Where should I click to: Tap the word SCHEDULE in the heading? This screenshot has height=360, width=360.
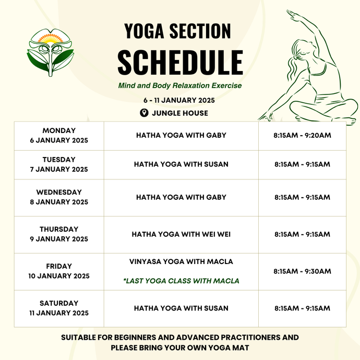(x=180, y=62)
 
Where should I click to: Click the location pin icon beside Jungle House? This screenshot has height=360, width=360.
(x=143, y=113)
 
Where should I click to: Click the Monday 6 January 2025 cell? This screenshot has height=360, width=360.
(x=59, y=136)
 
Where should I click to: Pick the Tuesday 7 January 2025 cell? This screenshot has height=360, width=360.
(x=59, y=164)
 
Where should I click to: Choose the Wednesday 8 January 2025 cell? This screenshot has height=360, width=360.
(x=59, y=197)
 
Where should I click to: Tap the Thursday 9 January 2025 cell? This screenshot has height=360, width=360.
(x=59, y=234)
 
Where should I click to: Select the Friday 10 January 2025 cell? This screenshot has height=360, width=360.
(x=59, y=271)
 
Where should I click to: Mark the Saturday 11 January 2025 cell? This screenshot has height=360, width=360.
(x=59, y=308)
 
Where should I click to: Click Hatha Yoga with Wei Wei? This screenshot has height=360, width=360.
(x=181, y=234)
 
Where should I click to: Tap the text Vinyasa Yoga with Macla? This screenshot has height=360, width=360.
(x=181, y=261)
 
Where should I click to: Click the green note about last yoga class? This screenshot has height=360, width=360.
(x=181, y=281)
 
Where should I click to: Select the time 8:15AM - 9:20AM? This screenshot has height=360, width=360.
(x=302, y=136)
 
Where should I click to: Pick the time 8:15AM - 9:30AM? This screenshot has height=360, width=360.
(x=302, y=271)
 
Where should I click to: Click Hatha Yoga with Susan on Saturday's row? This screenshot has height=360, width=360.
(x=181, y=308)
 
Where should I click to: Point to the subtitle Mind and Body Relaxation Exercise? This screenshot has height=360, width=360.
(x=179, y=85)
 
